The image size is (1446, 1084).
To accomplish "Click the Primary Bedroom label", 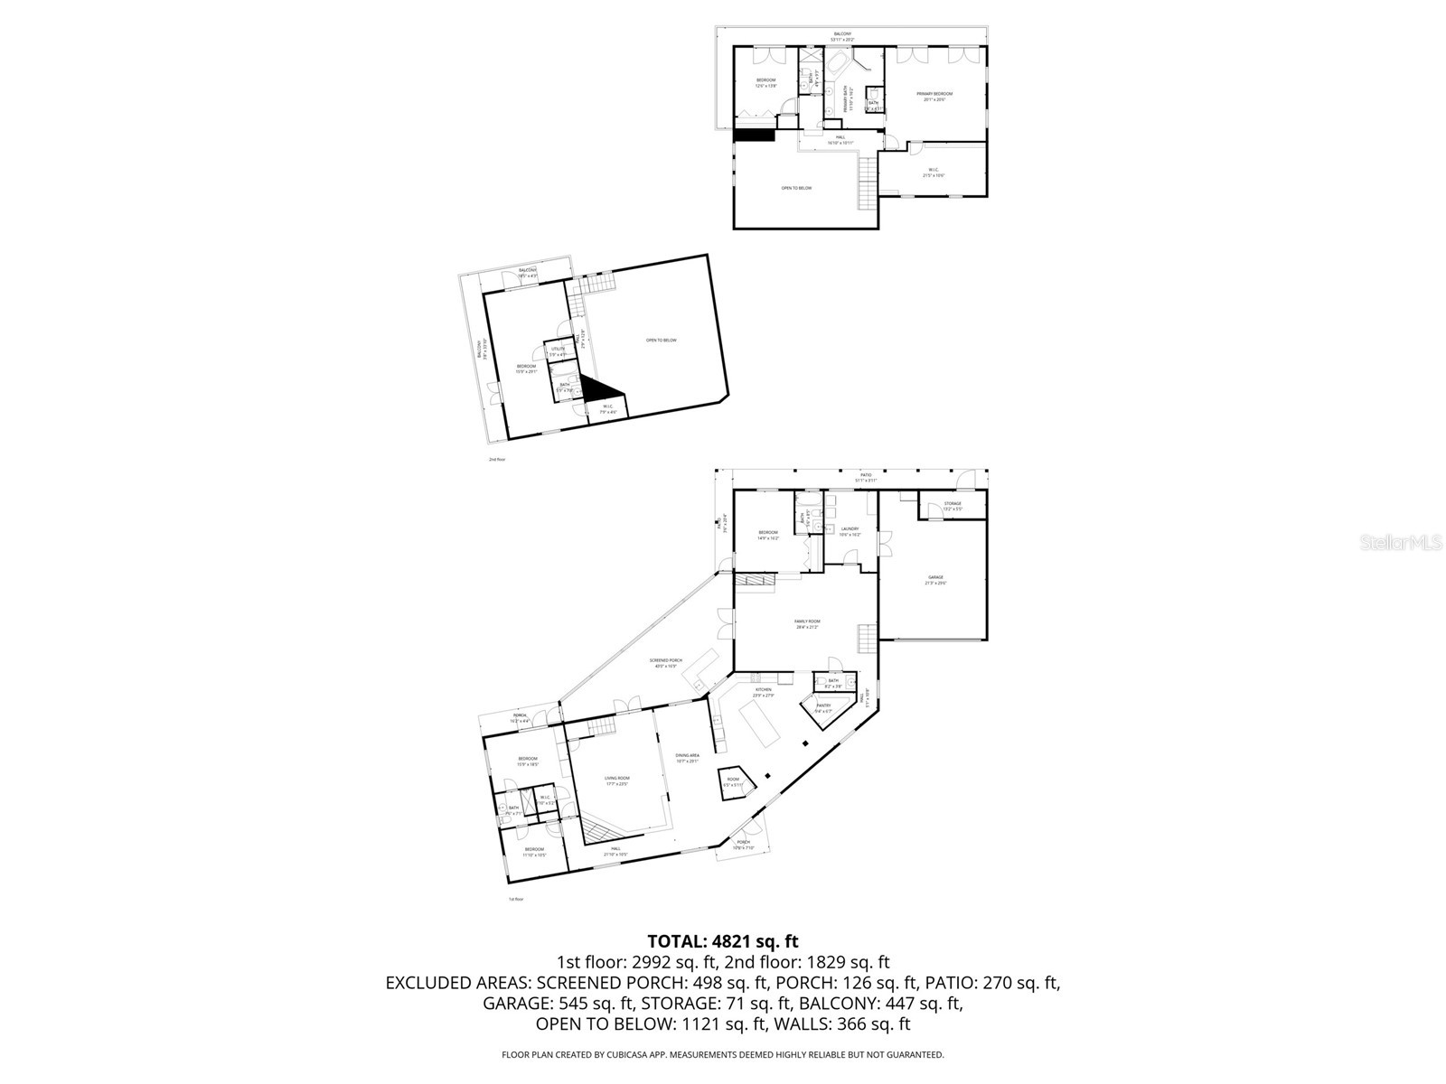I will coord(934,94).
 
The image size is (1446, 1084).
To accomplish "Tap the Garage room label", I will coord(934,577).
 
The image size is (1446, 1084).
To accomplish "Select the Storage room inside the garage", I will coord(953,504).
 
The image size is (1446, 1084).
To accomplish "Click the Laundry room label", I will coord(850,530).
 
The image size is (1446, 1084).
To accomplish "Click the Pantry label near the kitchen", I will coord(823,707).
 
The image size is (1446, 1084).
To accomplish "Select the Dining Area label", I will coord(687,756).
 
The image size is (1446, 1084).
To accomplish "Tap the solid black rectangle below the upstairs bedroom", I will coord(754,135).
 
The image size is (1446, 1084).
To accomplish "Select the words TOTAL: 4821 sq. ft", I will coord(722,941).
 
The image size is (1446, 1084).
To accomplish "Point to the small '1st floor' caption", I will coord(516,899).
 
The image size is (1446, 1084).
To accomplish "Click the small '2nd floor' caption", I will coord(497,460).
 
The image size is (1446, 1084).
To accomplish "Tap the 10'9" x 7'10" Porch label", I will coord(742,845).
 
